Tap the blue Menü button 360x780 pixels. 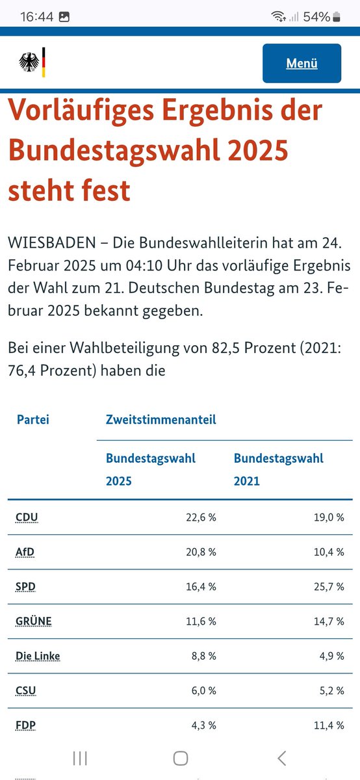click(302, 63)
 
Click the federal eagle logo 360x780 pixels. click(29, 63)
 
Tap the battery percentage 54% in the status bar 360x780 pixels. click(316, 17)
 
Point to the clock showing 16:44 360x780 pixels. click(36, 17)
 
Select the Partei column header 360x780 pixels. click(33, 419)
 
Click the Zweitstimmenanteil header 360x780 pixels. click(161, 419)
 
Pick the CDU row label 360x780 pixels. click(27, 518)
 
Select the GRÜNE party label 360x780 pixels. click(34, 621)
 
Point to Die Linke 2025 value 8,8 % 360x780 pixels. click(203, 656)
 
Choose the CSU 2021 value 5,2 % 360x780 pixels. click(331, 690)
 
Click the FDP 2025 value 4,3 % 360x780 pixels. click(203, 725)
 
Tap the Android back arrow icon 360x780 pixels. click(281, 757)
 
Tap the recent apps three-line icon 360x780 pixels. click(80, 757)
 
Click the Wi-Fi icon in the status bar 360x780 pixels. click(279, 17)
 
